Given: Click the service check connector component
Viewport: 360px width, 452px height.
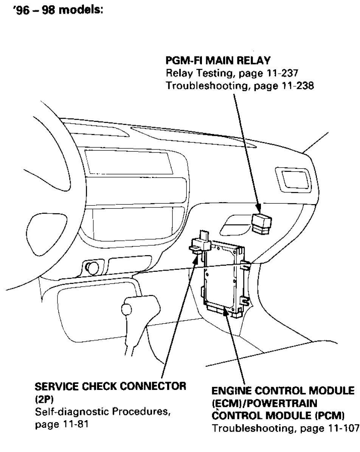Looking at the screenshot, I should [201, 244].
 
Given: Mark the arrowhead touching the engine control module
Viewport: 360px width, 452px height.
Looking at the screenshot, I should [226, 310].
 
